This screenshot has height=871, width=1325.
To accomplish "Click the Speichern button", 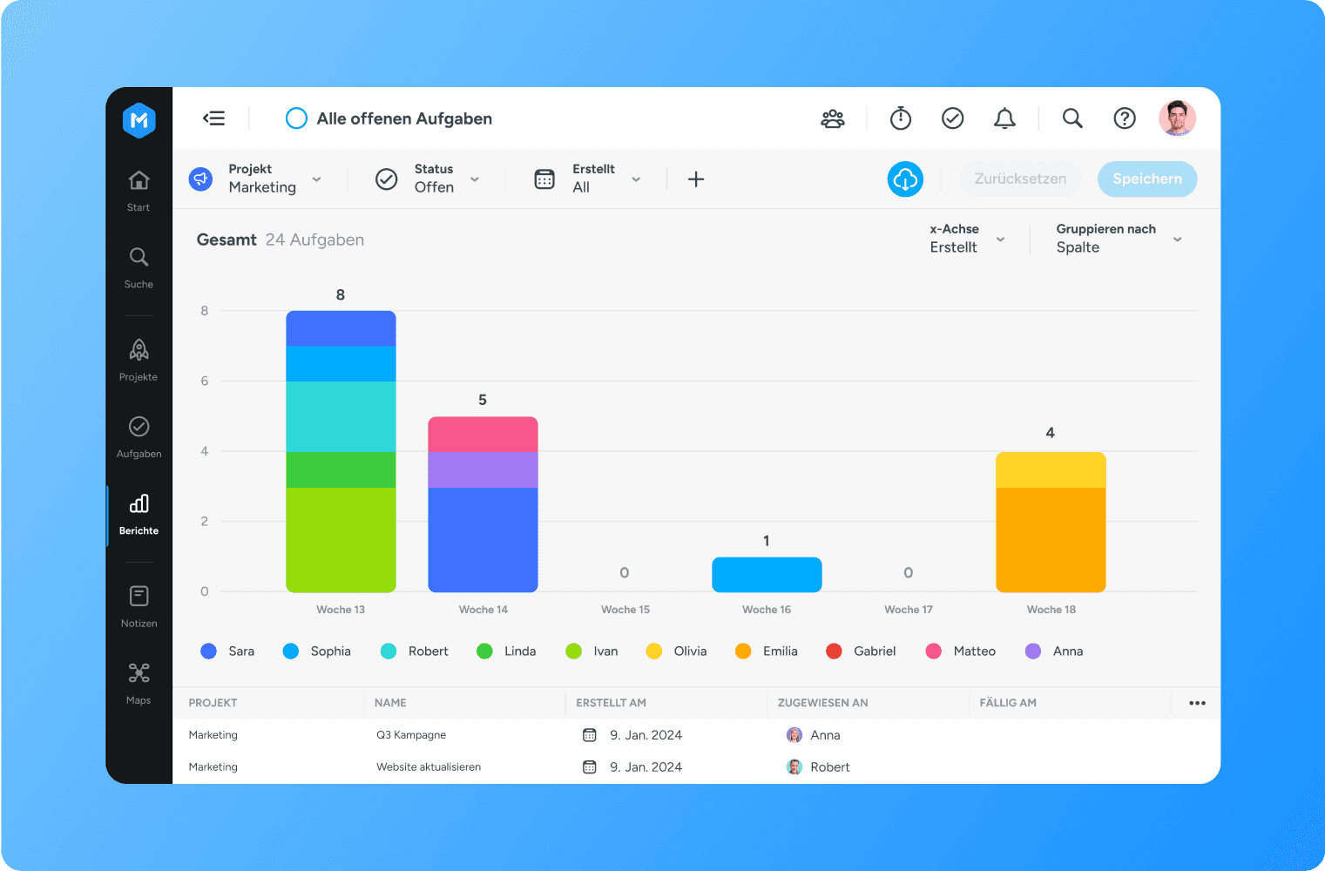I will tap(1146, 179).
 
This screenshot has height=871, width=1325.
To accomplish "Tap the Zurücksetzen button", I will tap(1019, 179).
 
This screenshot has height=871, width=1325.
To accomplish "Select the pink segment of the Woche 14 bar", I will tap(483, 434).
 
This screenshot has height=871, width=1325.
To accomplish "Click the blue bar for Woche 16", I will tap(767, 575).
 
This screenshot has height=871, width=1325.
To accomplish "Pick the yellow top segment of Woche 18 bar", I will tap(1051, 469).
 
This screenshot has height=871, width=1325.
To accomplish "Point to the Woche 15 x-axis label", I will tap(625, 610).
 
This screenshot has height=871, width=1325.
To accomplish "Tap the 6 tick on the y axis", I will tap(205, 381).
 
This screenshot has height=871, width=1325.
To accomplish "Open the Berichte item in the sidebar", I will tap(139, 514).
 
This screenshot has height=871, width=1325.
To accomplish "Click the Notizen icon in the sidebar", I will tap(139, 596).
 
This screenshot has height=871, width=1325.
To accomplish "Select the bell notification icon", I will tap(1004, 118).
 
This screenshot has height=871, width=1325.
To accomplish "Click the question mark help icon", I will tap(1125, 118).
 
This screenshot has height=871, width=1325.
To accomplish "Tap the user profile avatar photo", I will tap(1177, 118).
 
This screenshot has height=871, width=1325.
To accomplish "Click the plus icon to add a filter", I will tap(696, 179).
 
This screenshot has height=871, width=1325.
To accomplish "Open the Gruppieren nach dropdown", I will tap(1119, 239).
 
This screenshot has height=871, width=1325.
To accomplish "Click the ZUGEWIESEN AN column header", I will tap(822, 703).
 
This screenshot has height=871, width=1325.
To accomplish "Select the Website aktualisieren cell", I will tap(429, 767).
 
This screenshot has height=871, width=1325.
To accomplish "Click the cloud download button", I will tap(905, 179).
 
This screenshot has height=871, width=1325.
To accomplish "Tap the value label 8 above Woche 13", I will tap(341, 295).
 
